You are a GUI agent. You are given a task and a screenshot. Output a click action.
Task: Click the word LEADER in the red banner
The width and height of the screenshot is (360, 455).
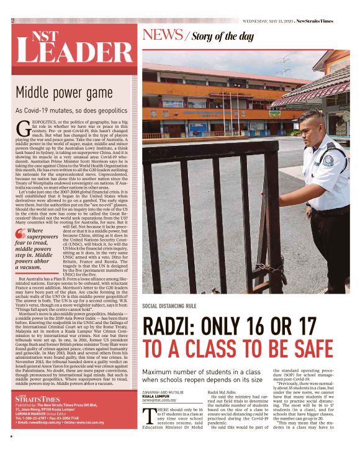72,51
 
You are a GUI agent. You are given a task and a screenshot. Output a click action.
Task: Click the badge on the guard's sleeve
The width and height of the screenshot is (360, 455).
328,160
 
